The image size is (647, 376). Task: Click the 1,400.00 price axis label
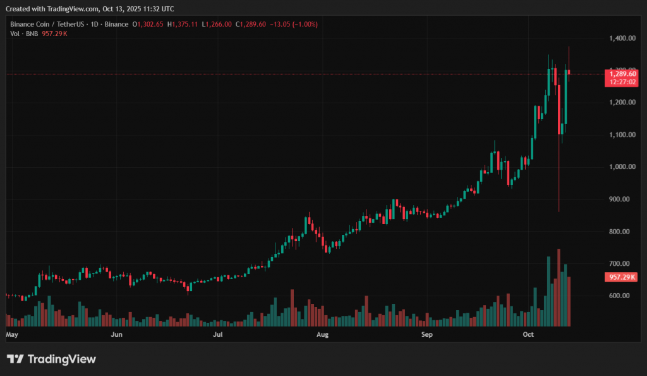(x=624, y=38)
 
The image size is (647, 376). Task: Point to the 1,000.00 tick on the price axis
(x=624, y=166)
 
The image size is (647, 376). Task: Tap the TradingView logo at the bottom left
(x=51, y=359)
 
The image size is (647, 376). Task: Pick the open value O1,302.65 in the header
(x=148, y=24)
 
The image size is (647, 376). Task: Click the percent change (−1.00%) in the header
(x=304, y=24)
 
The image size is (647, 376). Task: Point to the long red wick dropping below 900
(x=559, y=184)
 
